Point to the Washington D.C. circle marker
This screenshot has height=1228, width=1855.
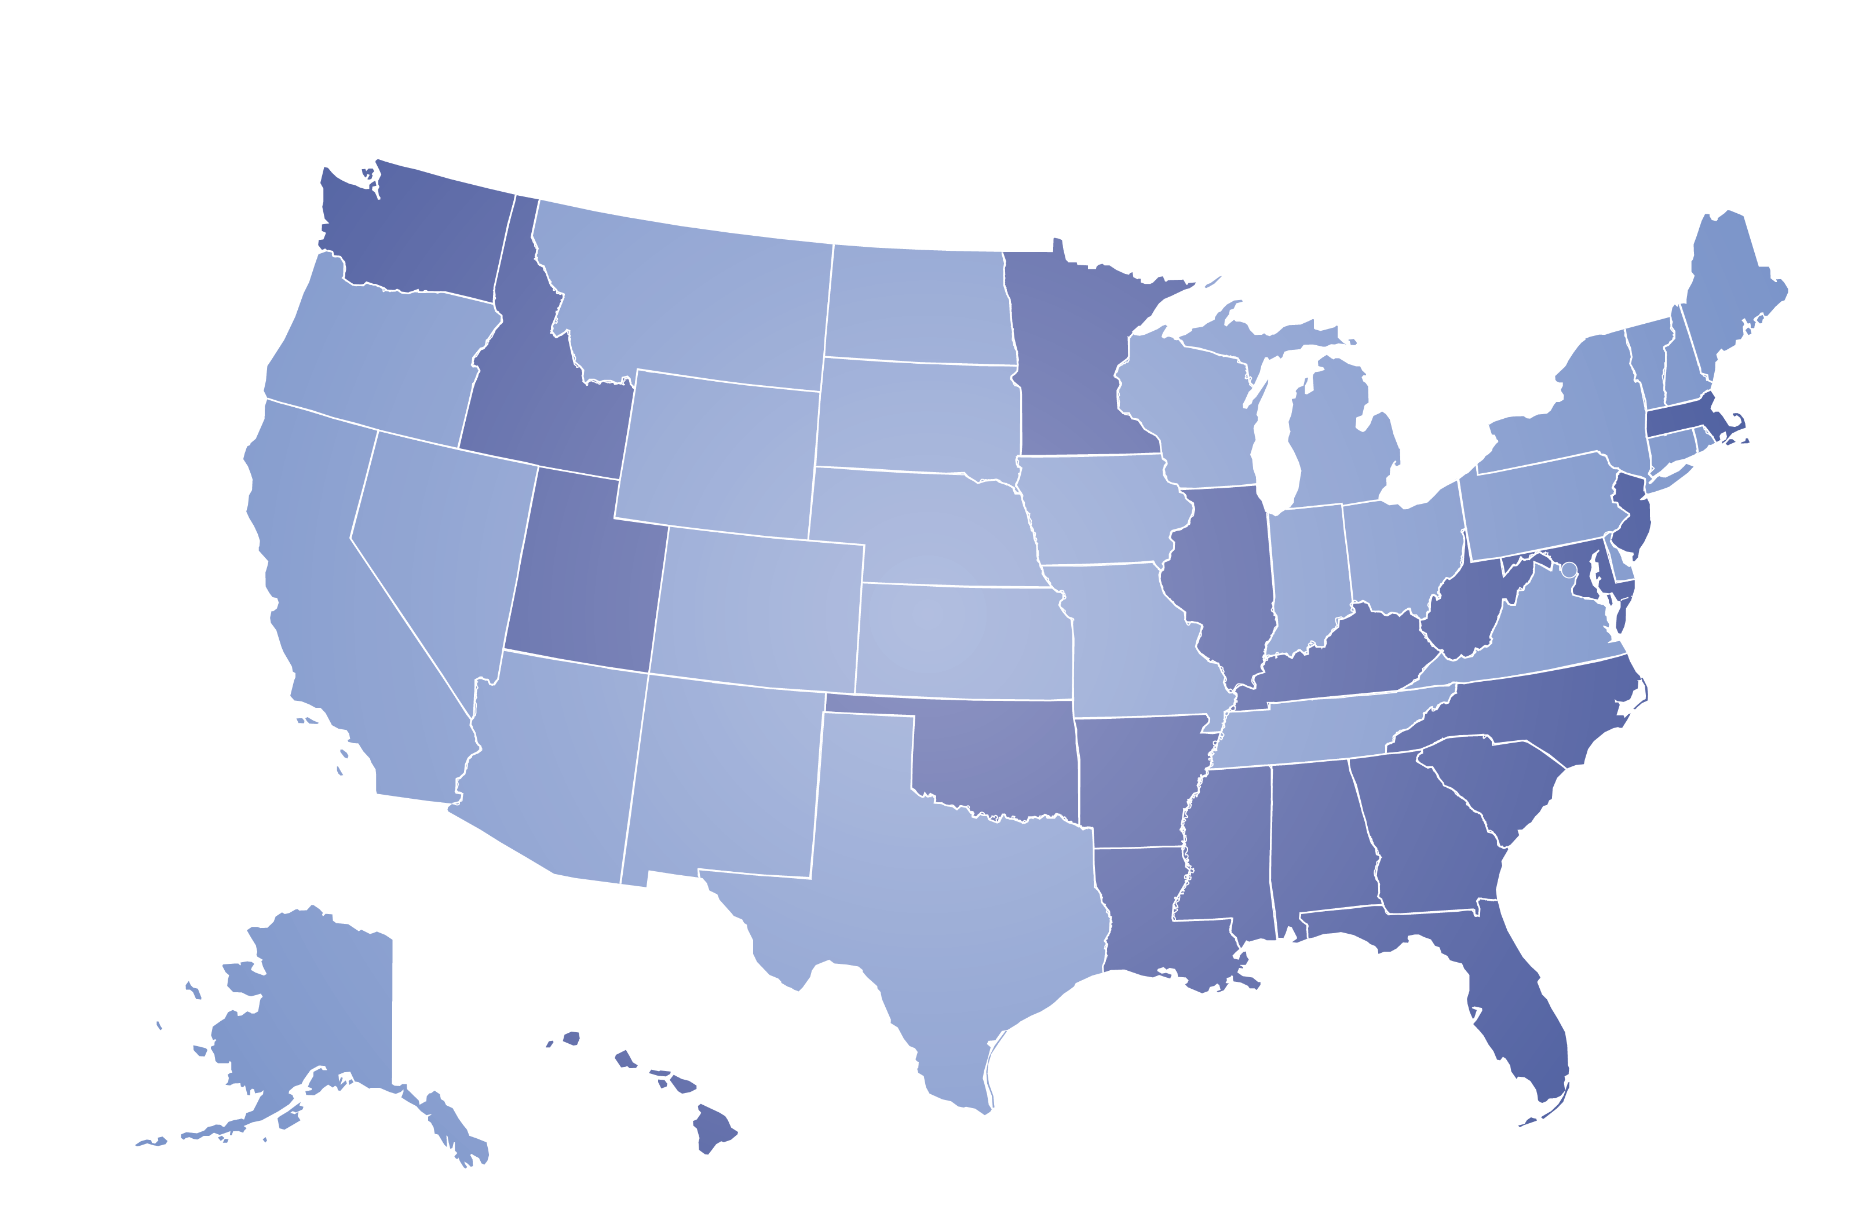tap(1568, 570)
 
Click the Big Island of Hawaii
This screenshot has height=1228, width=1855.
tap(713, 1128)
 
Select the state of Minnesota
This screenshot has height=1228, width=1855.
tap(1073, 352)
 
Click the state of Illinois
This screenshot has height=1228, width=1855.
tap(1225, 580)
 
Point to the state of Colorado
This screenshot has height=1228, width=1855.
tap(755, 611)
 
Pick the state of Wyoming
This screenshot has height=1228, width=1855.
tap(717, 454)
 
